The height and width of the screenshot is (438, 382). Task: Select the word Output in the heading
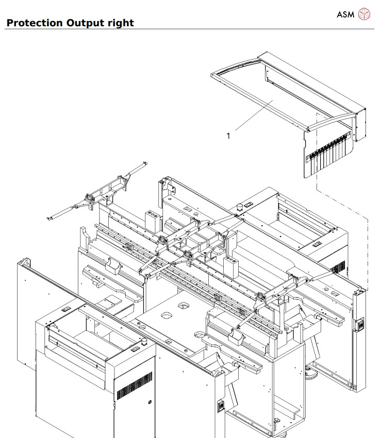86,23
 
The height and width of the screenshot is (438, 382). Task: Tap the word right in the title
121,23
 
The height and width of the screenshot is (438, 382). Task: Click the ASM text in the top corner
345,14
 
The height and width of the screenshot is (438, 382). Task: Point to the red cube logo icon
364,14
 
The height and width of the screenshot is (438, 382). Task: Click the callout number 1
228,136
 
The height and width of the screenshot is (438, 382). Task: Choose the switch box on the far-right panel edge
361,325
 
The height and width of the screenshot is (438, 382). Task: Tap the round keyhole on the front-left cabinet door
150,401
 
